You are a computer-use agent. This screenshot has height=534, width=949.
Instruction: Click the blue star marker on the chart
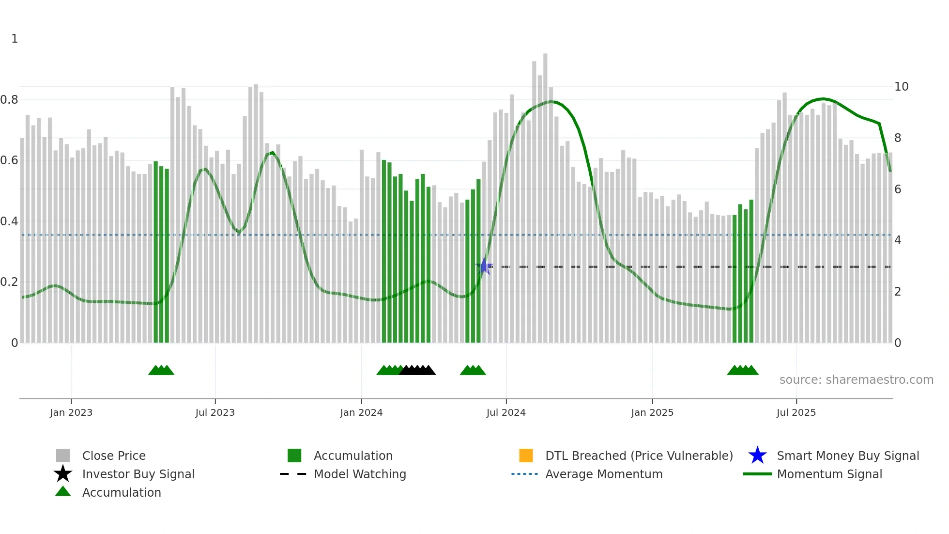[484, 267]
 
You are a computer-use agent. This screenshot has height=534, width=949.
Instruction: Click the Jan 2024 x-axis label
[361, 412]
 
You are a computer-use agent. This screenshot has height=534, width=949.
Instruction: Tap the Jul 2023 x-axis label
[215, 412]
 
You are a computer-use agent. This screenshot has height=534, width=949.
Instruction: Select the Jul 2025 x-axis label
[796, 412]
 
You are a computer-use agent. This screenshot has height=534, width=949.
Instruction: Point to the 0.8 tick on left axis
[9, 100]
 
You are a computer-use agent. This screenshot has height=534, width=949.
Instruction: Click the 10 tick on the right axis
[901, 87]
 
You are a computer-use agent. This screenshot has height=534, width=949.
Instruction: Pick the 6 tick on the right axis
[898, 189]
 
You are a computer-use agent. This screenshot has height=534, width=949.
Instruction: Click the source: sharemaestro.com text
[856, 380]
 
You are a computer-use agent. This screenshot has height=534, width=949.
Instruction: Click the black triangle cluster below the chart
[417, 370]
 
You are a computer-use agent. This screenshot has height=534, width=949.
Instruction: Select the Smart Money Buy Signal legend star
[757, 455]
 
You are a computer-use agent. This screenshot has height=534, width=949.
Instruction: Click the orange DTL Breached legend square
[526, 455]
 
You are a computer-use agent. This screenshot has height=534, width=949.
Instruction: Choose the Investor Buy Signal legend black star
[63, 474]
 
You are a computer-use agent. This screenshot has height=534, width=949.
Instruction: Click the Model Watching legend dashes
[293, 474]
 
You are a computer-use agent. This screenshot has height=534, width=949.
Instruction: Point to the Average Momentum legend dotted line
[524, 474]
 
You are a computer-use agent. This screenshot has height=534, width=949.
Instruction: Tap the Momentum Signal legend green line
[757, 474]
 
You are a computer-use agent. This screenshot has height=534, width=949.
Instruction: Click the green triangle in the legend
[63, 492]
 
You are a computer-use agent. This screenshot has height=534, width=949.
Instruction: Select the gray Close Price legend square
[63, 455]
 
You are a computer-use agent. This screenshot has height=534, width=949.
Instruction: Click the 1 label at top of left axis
[15, 39]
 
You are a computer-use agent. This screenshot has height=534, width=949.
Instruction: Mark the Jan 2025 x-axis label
[652, 412]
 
